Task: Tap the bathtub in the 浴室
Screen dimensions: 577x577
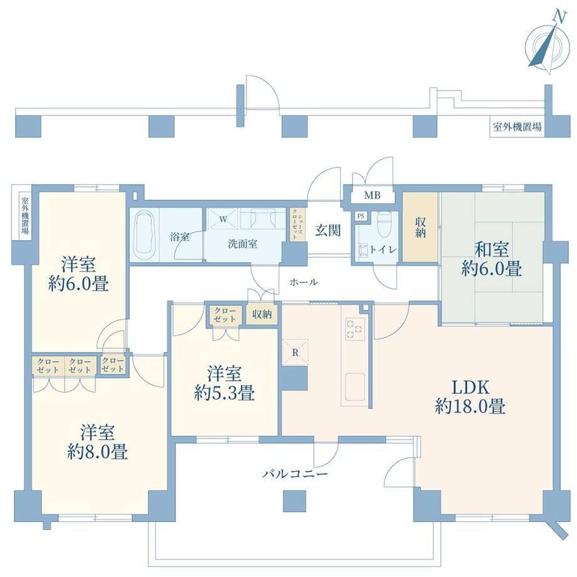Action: tap(144, 235)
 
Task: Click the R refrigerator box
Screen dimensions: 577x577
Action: tap(295, 352)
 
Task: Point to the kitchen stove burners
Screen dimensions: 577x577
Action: tap(355, 328)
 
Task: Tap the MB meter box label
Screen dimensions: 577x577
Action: tap(372, 196)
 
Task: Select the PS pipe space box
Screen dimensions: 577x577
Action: tap(361, 216)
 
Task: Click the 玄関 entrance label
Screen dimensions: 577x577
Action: tap(327, 230)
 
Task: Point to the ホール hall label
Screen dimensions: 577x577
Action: tap(304, 282)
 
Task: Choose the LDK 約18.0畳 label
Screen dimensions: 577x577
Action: tap(470, 397)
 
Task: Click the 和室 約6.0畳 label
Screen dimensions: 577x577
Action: tap(492, 258)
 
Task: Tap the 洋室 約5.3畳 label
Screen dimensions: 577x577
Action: tap(224, 383)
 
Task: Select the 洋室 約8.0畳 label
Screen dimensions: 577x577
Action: tap(97, 442)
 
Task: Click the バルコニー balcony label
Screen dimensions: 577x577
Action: tap(295, 474)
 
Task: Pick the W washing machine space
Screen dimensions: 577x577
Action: tap(223, 220)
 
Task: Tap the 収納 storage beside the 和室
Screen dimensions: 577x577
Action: tap(420, 227)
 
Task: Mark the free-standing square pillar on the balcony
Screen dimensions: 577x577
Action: tap(295, 500)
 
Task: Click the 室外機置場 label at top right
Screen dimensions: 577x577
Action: tap(517, 127)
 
